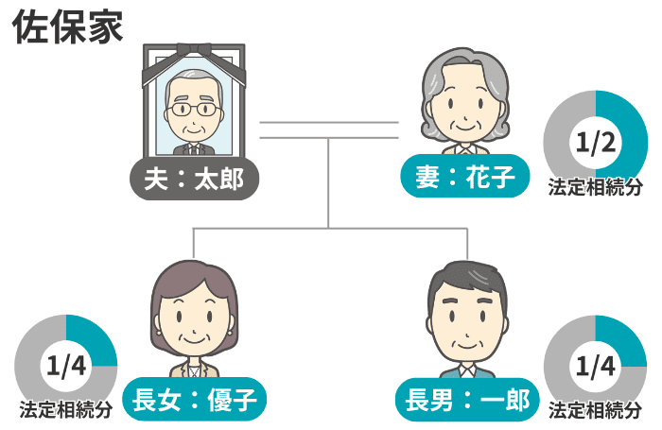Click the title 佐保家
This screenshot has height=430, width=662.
[x=67, y=27]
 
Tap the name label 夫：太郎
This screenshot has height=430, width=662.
[x=194, y=180]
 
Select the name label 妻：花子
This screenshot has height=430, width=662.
[x=465, y=176]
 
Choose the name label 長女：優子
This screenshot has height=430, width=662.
[x=195, y=399]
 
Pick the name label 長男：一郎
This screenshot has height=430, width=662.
[x=467, y=400]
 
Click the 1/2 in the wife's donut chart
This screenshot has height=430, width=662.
[x=596, y=143]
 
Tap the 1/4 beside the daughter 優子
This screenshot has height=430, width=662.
[x=66, y=366]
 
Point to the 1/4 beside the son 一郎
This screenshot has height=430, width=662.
[x=595, y=366]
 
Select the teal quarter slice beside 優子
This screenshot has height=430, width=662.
[x=94, y=338]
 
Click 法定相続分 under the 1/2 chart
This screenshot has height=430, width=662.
[x=595, y=187]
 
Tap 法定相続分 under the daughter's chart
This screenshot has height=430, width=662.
[x=66, y=409]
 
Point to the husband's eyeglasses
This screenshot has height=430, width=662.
[x=194, y=110]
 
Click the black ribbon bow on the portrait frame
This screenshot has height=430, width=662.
[x=194, y=51]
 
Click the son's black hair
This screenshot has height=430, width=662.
[x=467, y=279]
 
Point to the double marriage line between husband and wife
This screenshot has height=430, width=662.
[x=329, y=130]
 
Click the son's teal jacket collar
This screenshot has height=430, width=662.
[x=467, y=372]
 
